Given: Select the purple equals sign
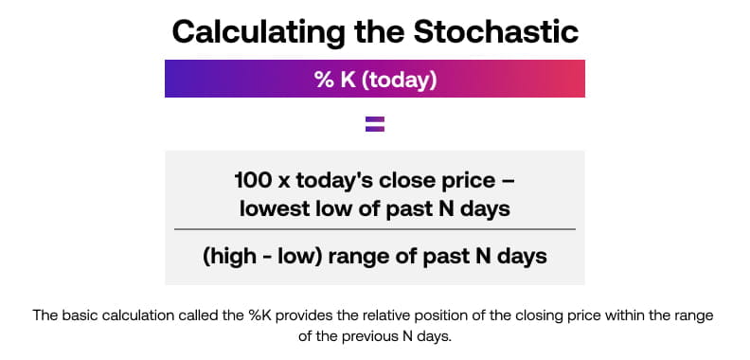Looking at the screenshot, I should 375,123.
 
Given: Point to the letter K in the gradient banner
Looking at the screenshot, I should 346,80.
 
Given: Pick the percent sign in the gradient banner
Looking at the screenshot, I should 324,80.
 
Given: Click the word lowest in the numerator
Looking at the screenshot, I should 272,208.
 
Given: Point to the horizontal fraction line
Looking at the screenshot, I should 375,229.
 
